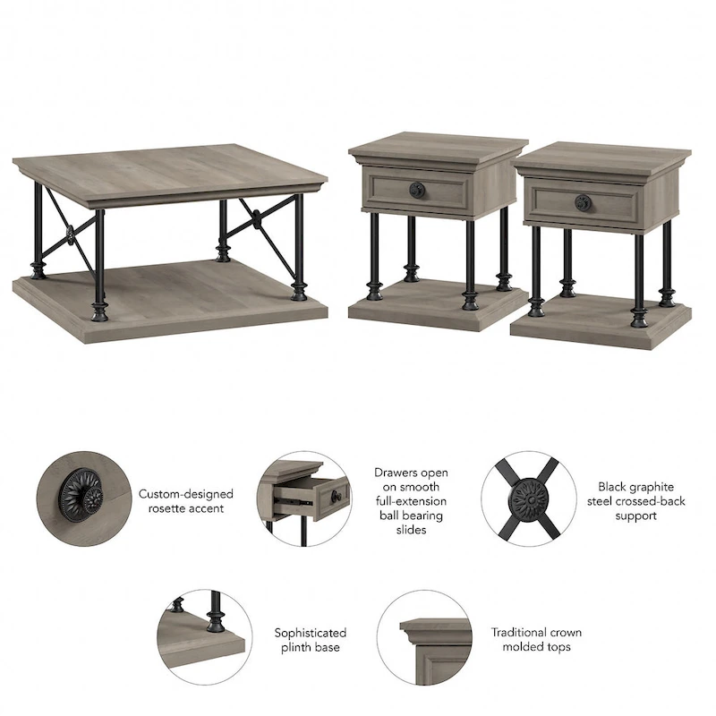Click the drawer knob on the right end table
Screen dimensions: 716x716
click(x=582, y=202)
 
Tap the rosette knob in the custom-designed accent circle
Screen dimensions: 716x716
click(x=82, y=493)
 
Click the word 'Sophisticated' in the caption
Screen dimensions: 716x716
click(x=310, y=633)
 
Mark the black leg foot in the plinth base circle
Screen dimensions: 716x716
click(x=215, y=620)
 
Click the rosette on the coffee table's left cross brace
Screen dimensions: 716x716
click(x=69, y=235)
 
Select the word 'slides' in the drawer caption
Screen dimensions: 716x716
click(x=411, y=530)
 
